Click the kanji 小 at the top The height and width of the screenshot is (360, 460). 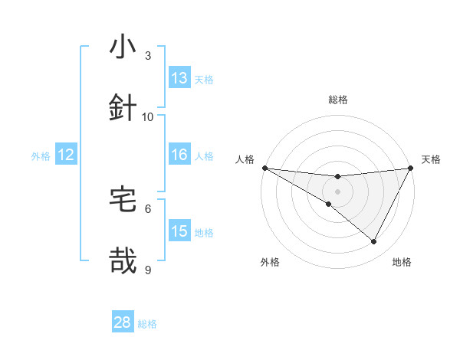(x=123, y=47)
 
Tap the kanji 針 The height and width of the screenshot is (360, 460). (x=123, y=107)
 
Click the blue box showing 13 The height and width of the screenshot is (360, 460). (x=179, y=78)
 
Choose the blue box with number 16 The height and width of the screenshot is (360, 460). (x=179, y=155)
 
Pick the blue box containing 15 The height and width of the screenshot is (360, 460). (x=179, y=231)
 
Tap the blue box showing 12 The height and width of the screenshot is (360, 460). (x=66, y=155)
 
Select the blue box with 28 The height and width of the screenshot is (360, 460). (x=123, y=322)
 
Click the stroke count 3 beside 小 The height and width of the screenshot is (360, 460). (x=148, y=55)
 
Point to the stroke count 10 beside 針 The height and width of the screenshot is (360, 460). (x=148, y=116)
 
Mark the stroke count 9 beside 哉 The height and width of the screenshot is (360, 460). (x=148, y=270)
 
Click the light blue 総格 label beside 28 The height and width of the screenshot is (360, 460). (x=147, y=324)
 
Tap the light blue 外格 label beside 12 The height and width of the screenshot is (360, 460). (x=41, y=156)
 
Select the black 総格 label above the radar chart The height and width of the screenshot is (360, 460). (x=337, y=100)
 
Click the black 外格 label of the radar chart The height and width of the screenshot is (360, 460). (x=270, y=262)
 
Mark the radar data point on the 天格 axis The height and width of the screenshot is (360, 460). (x=410, y=168)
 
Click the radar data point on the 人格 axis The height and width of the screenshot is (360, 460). (x=264, y=168)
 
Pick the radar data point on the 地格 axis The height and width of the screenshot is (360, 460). (x=374, y=242)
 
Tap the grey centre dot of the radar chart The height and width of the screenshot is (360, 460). (x=337, y=191)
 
